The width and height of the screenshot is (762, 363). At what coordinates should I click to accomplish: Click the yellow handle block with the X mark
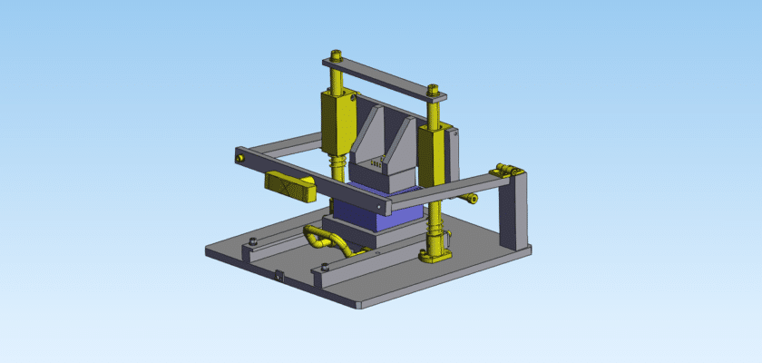tap(289, 184)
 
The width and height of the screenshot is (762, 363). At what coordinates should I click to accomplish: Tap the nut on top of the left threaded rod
tap(337, 57)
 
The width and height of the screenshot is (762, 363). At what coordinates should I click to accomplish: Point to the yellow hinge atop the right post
tap(504, 170)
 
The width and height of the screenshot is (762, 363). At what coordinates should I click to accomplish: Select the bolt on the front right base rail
tap(325, 265)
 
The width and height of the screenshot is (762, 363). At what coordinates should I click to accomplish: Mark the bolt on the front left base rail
tap(253, 240)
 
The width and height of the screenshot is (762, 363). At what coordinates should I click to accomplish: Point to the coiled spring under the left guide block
tap(337, 167)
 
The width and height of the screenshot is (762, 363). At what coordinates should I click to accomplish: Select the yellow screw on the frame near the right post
tap(473, 198)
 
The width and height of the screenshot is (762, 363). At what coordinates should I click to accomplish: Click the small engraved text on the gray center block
tap(375, 163)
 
